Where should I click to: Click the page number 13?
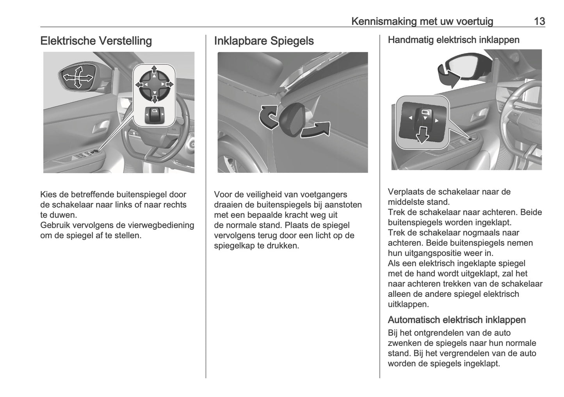click(539, 21)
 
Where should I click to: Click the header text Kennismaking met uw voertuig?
click(422, 21)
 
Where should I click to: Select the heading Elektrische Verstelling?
click(96, 41)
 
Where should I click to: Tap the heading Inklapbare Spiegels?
click(264, 41)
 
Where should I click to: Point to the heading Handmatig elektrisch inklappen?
click(454, 40)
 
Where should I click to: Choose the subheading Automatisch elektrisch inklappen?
click(457, 320)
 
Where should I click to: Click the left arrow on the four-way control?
click(139, 84)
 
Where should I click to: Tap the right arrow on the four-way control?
click(169, 84)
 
